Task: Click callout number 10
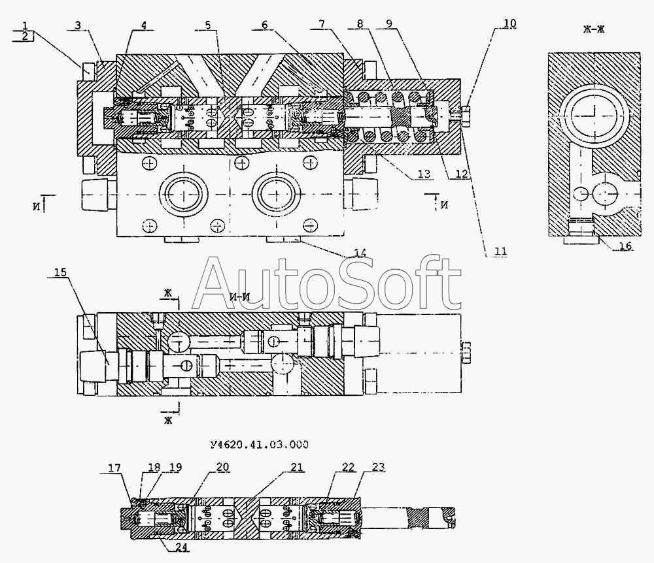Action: [x=509, y=24]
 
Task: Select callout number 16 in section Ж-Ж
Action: [x=625, y=246]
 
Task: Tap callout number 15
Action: [x=60, y=272]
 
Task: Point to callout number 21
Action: [x=296, y=467]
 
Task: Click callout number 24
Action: [x=181, y=547]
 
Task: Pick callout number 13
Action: [x=424, y=174]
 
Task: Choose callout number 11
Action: [x=500, y=251]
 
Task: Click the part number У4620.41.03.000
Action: [x=260, y=445]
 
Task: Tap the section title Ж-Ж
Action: [x=594, y=29]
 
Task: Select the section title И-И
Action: [x=240, y=297]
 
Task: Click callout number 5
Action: [x=208, y=25]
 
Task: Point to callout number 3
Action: [x=78, y=25]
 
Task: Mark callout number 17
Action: [x=114, y=468]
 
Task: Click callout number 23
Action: [x=378, y=467]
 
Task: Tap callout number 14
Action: [x=360, y=252]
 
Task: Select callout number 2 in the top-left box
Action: [x=25, y=36]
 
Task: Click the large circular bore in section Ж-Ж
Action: [x=594, y=112]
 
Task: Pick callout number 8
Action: [x=360, y=24]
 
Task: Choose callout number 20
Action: [x=223, y=467]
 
